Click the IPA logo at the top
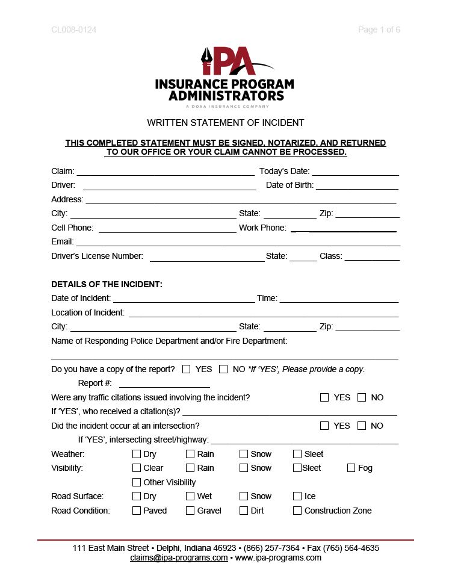[224, 77]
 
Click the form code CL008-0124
[74, 30]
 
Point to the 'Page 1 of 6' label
[379, 30]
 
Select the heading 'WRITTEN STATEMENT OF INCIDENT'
[226, 123]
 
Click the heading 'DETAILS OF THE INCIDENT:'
[107, 284]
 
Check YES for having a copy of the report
[187, 369]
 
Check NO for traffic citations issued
[362, 397]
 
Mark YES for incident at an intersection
[324, 426]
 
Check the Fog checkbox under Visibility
[351, 468]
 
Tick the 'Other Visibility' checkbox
[137, 482]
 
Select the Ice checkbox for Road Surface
[297, 496]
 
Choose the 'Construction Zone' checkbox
[297, 511]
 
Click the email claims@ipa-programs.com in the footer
[179, 557]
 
